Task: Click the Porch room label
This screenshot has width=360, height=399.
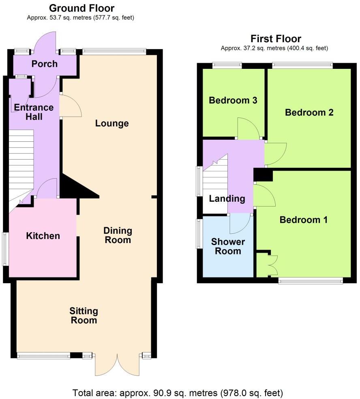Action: coord(45,64)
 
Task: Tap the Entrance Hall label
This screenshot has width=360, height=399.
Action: coord(34,112)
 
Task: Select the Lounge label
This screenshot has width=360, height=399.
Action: coord(112,123)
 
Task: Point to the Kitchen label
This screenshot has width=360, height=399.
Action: coord(43,236)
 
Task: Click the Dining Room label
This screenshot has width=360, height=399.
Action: coord(118,235)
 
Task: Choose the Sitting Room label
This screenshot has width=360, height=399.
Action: coord(84,316)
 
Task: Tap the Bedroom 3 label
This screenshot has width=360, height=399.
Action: coord(233,100)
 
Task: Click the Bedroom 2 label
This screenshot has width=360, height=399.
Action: coord(309,113)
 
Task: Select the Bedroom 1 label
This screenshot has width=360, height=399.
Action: coord(304,220)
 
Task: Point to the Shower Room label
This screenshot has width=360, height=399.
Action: coord(228,246)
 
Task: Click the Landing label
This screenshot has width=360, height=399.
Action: coord(227,198)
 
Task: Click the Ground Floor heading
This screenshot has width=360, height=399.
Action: coord(81,8)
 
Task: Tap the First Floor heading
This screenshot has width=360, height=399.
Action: coord(276,39)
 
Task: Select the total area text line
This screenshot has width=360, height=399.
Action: coord(178,393)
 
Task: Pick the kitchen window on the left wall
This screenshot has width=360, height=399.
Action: coord(5,249)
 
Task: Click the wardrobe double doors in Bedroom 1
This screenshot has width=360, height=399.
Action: coord(272,265)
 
